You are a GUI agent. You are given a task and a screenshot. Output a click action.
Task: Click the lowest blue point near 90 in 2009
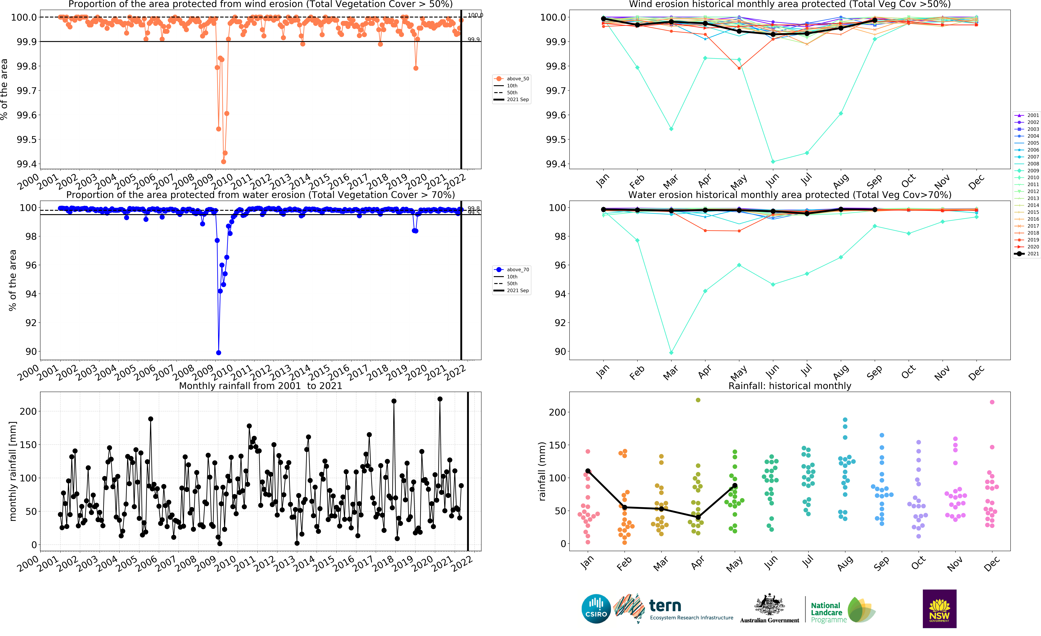coord(218,353)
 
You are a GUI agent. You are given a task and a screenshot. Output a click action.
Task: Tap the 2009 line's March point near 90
coord(671,353)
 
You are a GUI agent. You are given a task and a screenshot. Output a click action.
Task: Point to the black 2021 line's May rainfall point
coord(735,486)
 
